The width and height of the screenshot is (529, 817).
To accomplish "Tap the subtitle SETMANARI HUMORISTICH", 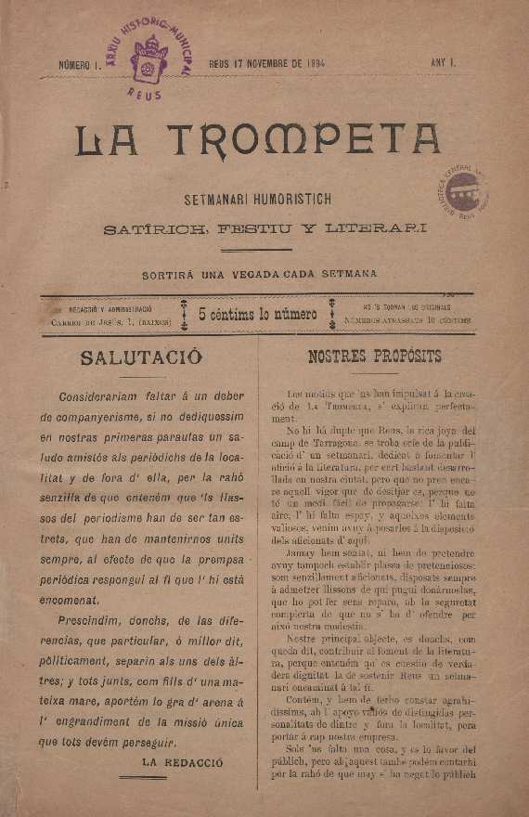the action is (x=258, y=199).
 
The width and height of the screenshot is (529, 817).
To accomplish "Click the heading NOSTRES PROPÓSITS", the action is (x=374, y=357).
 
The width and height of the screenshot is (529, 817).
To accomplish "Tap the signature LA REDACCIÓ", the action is (x=182, y=760).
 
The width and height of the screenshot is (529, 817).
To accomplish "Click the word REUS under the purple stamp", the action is (x=144, y=95).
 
